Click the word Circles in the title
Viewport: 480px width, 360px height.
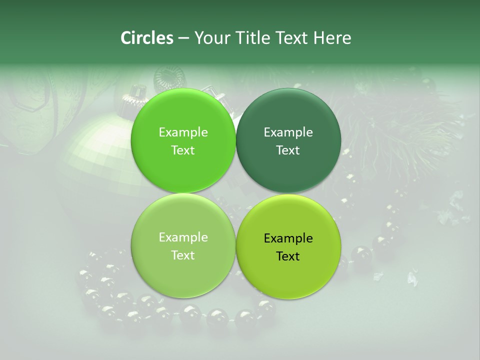pyautogui.click(x=146, y=38)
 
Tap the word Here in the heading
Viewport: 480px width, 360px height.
pyautogui.click(x=332, y=38)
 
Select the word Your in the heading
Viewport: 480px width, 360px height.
pyautogui.click(x=212, y=38)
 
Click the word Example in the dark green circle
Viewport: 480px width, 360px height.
pyautogui.click(x=288, y=132)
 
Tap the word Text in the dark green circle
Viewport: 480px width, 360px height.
pyautogui.click(x=288, y=150)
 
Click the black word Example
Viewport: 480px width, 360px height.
pyautogui.click(x=288, y=238)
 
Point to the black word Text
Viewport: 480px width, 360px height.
pyautogui.click(x=288, y=256)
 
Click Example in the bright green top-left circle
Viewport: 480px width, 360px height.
pyautogui.click(x=183, y=132)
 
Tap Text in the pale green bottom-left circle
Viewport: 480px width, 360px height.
pyautogui.click(x=183, y=255)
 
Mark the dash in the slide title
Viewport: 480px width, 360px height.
pyautogui.click(x=183, y=38)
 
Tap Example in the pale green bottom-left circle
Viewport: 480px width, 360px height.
pyautogui.click(x=183, y=237)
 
